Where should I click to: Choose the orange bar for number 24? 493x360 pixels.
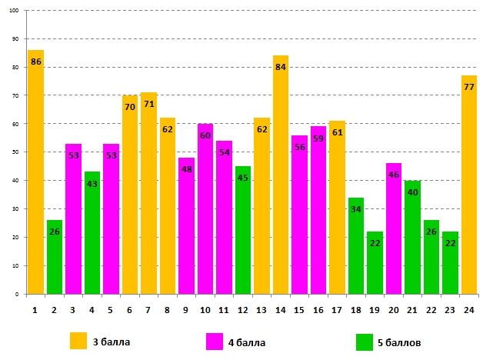(469, 185)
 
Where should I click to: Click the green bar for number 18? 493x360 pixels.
(356, 245)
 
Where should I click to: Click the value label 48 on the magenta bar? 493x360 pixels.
(186, 170)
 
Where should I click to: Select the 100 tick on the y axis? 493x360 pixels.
(15, 11)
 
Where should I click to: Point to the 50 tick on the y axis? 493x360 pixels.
(17, 152)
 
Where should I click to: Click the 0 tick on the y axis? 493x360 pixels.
(18, 294)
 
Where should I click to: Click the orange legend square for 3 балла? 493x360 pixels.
(79, 342)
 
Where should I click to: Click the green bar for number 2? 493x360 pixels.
(55, 257)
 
